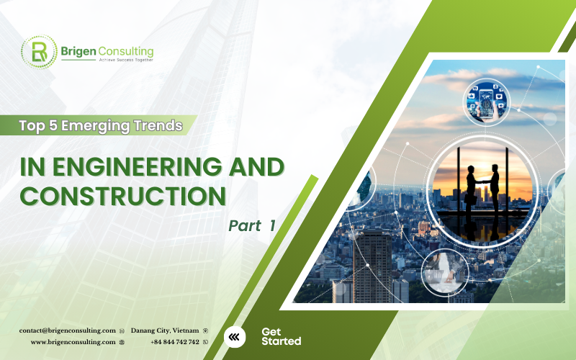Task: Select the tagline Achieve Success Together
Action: (x=107, y=62)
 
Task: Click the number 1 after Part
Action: (x=273, y=225)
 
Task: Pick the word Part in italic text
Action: (x=244, y=225)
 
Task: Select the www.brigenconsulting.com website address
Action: (x=73, y=342)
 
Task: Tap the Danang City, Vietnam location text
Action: (x=165, y=330)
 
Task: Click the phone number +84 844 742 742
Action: (x=175, y=342)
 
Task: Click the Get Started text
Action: (x=281, y=336)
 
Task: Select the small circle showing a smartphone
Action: (x=487, y=102)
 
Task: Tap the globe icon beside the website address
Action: (x=122, y=342)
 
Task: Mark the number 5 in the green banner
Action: (x=49, y=126)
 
